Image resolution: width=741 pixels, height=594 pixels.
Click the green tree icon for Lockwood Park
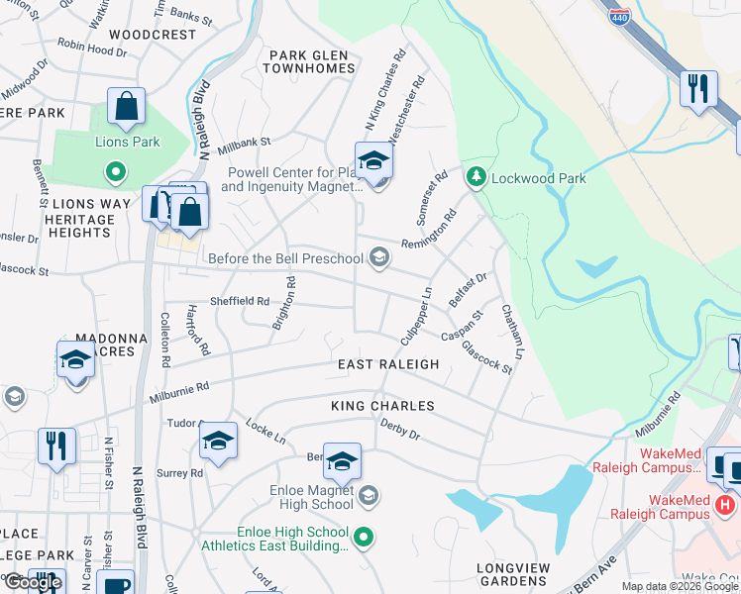(476, 177)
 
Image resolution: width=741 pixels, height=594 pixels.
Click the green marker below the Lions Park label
(116, 173)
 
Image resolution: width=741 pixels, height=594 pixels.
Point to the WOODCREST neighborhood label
(153, 34)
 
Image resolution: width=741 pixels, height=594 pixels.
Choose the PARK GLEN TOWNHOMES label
(309, 61)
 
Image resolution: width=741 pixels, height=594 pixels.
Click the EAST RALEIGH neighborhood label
(387, 364)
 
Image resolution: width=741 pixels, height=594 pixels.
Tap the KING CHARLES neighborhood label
(382, 406)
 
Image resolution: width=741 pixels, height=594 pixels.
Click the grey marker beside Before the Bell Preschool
(377, 258)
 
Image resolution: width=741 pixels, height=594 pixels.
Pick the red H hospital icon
(725, 505)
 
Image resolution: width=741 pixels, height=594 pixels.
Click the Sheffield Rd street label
(239, 301)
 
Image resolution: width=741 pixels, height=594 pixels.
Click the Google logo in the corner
(33, 582)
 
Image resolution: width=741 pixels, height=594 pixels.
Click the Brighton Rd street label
(284, 302)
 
